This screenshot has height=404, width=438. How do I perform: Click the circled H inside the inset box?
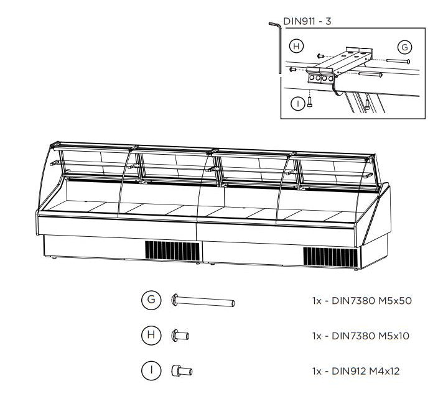tap(297, 47)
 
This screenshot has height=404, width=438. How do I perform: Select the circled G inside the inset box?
tap(404, 47)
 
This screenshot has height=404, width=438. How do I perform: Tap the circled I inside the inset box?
tap(299, 104)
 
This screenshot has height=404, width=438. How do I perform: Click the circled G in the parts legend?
tap(151, 301)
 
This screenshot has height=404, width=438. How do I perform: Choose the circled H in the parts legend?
tap(151, 336)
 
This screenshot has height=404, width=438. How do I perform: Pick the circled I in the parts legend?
tap(151, 371)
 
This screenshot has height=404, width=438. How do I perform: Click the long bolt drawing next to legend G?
tap(203, 302)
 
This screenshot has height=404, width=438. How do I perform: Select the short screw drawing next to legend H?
tap(180, 336)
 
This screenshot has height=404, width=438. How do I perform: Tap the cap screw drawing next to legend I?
tap(182, 372)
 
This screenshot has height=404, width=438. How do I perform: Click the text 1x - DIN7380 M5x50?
tap(361, 301)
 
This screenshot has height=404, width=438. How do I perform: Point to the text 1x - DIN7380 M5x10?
tap(361, 336)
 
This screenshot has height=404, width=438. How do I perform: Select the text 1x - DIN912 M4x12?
tap(355, 371)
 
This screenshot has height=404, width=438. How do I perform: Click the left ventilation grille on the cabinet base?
tap(172, 251)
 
